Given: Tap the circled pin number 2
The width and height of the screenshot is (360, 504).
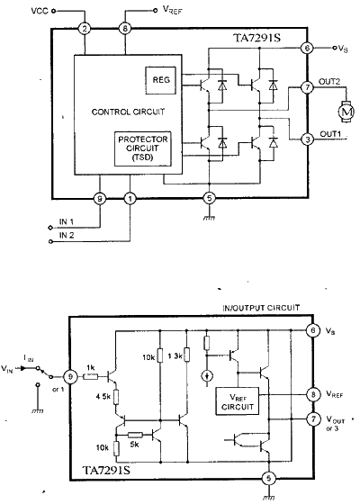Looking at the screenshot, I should coord(85,29).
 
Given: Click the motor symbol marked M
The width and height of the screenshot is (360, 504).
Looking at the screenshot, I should coord(343,112).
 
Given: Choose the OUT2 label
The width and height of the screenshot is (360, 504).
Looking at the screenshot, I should coord(329,82).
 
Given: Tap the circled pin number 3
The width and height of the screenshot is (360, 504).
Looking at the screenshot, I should coord(308,139).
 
